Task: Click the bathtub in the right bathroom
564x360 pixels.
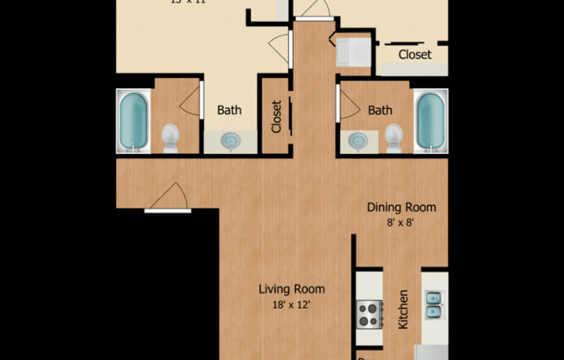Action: pyautogui.click(x=430, y=120)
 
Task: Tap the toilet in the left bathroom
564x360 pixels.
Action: pyautogui.click(x=170, y=137)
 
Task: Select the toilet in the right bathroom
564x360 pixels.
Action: pyautogui.click(x=394, y=137)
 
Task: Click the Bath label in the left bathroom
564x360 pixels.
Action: pyautogui.click(x=229, y=110)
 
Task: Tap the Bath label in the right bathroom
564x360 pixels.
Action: pyautogui.click(x=380, y=110)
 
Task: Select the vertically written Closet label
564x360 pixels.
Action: pyautogui.click(x=277, y=116)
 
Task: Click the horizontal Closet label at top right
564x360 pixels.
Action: pyautogui.click(x=415, y=55)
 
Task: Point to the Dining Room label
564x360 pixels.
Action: pyautogui.click(x=401, y=208)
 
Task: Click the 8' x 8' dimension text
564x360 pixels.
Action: pyautogui.click(x=401, y=222)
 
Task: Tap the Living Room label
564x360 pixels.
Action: pyautogui.click(x=293, y=289)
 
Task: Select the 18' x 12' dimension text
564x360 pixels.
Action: pyautogui.click(x=293, y=304)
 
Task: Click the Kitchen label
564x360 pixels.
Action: pyautogui.click(x=402, y=309)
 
